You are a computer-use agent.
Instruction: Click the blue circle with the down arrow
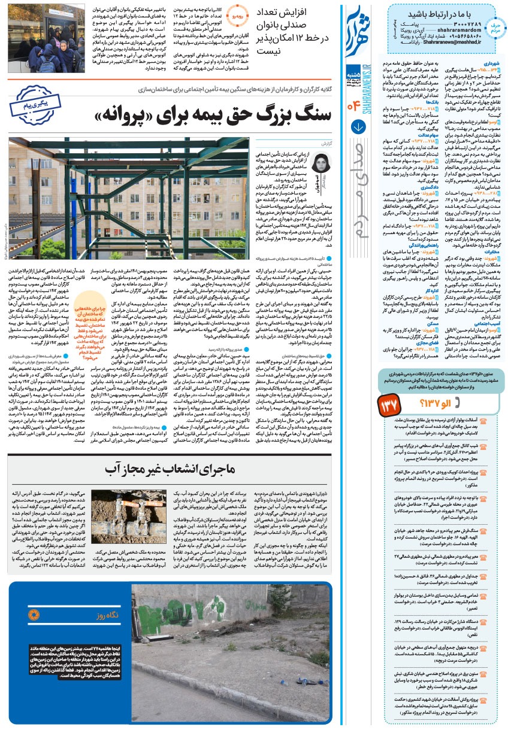point(359,127)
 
